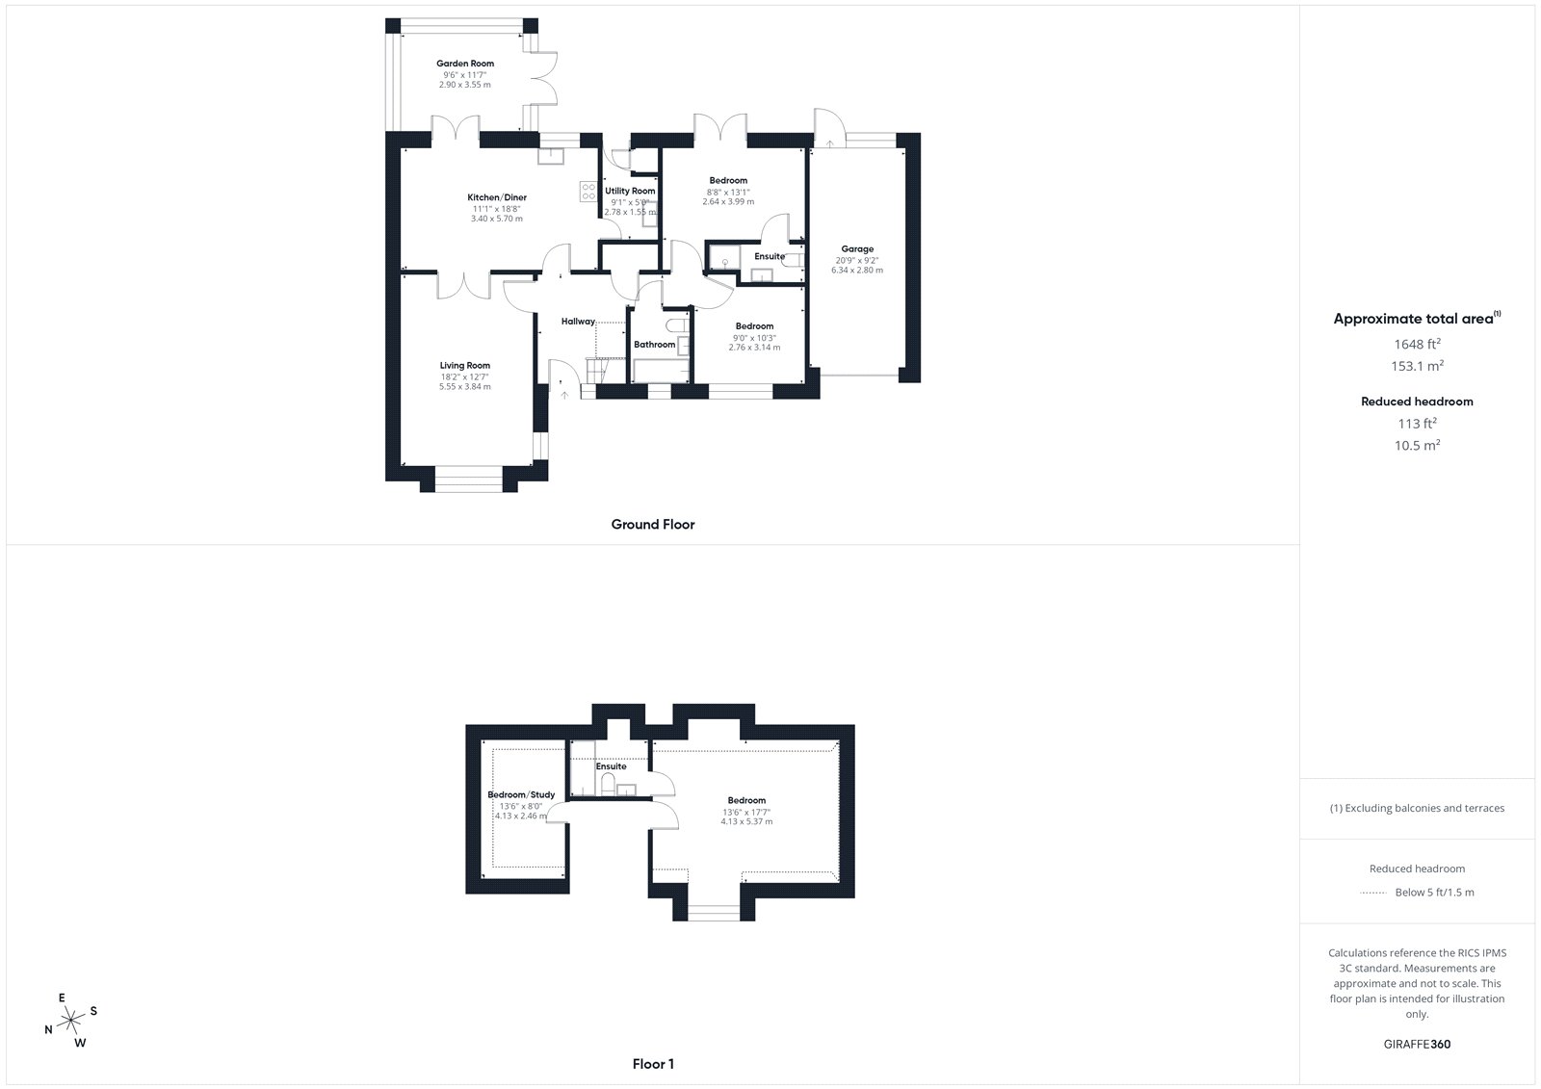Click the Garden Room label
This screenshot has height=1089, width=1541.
point(465,64)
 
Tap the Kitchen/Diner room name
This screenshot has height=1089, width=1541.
point(497,197)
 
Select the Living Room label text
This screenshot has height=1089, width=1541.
point(465,365)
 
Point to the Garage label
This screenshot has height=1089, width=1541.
point(857,249)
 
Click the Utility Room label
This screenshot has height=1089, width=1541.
point(630,191)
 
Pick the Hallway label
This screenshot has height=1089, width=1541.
point(578,322)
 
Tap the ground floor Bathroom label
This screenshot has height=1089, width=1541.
point(654,345)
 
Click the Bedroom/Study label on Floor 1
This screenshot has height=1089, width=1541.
point(521,794)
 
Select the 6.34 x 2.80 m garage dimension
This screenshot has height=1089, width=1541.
point(857,271)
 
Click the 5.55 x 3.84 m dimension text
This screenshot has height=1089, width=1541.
point(465,387)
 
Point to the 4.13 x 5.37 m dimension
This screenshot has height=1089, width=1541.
point(746,821)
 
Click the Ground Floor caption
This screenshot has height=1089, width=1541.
point(653,524)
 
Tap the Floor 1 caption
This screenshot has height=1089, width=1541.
point(653,1064)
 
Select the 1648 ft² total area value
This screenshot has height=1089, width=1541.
point(1417,344)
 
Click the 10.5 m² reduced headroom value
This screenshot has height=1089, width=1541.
point(1417,445)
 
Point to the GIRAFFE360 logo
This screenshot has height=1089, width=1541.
point(1417,1045)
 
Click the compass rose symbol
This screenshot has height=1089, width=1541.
point(71,1020)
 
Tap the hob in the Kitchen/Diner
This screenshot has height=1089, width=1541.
point(588,192)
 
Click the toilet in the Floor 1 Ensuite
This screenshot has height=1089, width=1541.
point(608,784)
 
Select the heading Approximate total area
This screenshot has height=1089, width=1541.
point(1413,319)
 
